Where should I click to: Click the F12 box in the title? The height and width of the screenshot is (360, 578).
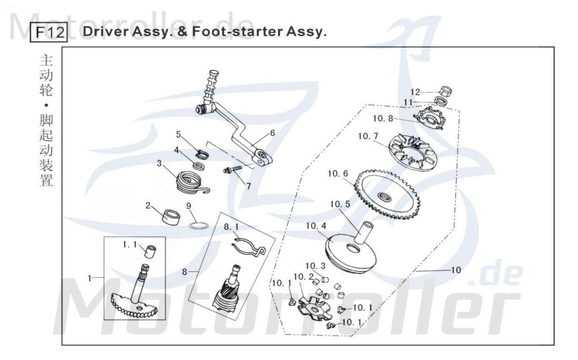click(48, 33)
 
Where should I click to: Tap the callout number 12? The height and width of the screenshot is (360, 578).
click(415, 92)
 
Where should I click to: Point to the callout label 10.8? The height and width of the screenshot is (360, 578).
click(383, 118)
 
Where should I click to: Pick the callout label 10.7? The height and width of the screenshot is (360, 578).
click(368, 137)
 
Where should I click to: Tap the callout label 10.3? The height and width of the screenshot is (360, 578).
click(315, 266)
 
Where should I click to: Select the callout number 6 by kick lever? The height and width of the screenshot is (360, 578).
click(272, 133)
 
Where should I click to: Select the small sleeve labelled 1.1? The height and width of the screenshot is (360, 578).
click(151, 252)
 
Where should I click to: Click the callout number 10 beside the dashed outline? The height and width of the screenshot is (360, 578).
click(455, 270)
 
